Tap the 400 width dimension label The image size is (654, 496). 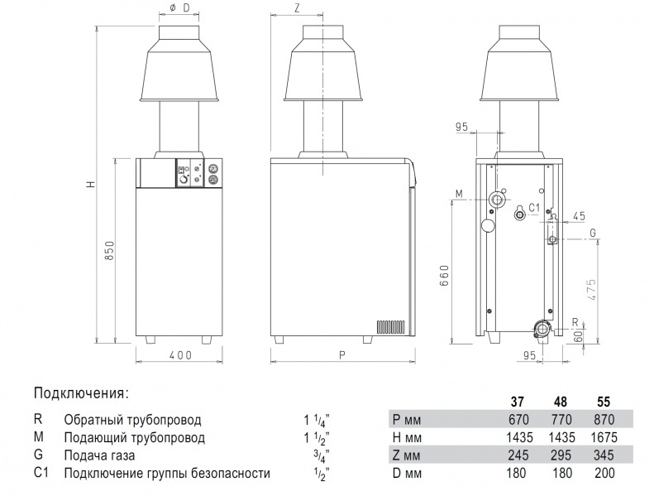pyautogui.click(x=180, y=355)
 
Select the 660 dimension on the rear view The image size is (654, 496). pyautogui.click(x=444, y=273)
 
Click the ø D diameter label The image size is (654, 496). pyautogui.click(x=179, y=8)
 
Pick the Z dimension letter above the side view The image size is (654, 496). pyautogui.click(x=296, y=8)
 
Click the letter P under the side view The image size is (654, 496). pyautogui.click(x=341, y=355)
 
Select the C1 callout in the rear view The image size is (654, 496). pyautogui.click(x=533, y=207)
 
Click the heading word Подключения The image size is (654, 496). pyautogui.click(x=81, y=392)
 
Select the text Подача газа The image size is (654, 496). pyautogui.click(x=98, y=455)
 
